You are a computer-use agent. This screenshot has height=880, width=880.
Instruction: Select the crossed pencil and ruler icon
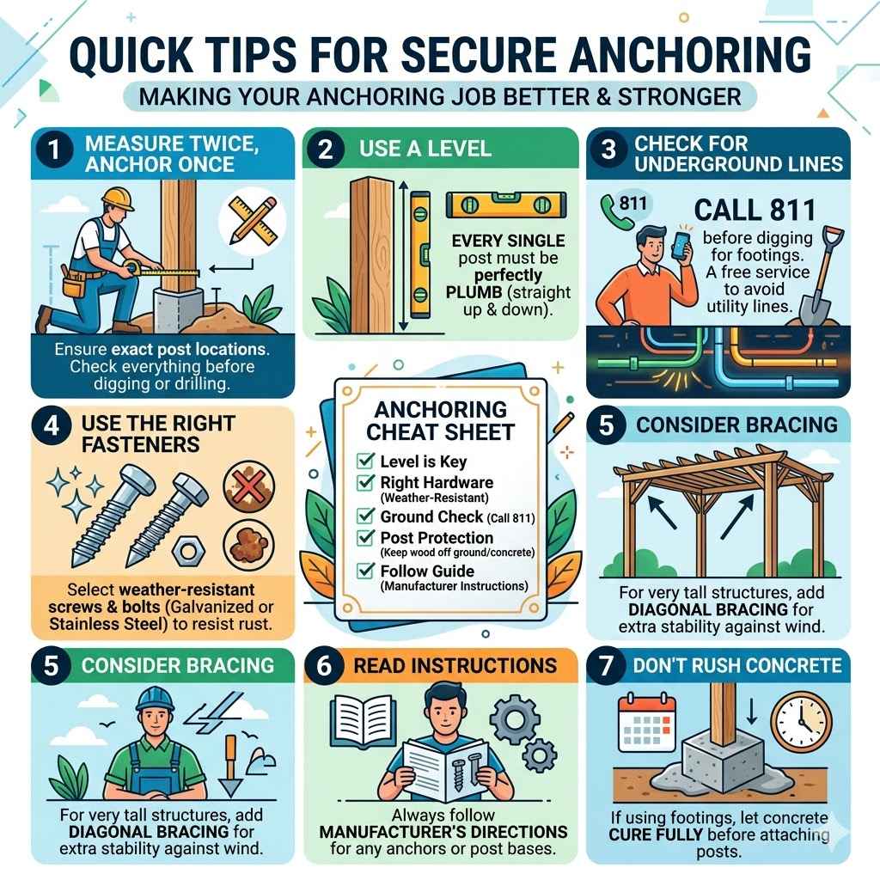(247, 217)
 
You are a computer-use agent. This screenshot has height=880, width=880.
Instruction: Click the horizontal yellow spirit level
(493, 205)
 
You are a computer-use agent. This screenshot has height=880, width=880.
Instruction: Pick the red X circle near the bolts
(247, 486)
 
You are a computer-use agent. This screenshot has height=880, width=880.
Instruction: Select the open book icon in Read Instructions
(355, 717)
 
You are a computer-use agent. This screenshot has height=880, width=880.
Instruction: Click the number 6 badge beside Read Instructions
(329, 665)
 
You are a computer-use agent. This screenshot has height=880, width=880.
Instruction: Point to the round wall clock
(800, 719)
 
